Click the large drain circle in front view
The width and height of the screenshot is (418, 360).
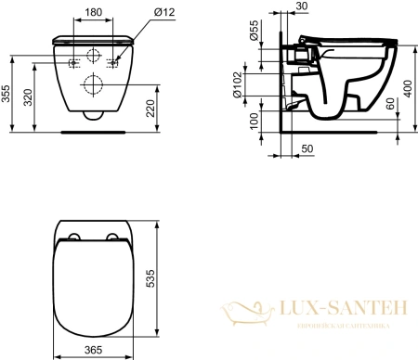(92, 84)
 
